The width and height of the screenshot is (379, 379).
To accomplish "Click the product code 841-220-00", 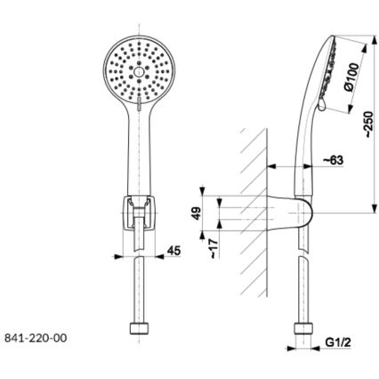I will click(35, 338).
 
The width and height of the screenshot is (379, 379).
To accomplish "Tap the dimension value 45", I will click(173, 252).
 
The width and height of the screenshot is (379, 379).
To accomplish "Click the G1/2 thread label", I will click(338, 342).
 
